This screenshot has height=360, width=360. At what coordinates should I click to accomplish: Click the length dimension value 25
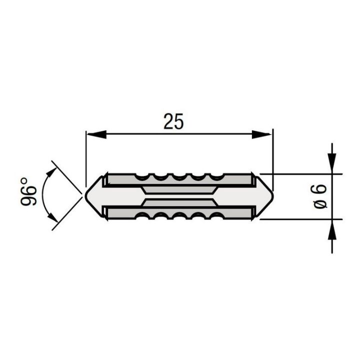173,121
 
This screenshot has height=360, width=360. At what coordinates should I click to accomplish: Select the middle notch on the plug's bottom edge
178,215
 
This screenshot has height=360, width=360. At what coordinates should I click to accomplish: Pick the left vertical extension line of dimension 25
86,155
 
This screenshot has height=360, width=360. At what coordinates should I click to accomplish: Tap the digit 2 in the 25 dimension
167,121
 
